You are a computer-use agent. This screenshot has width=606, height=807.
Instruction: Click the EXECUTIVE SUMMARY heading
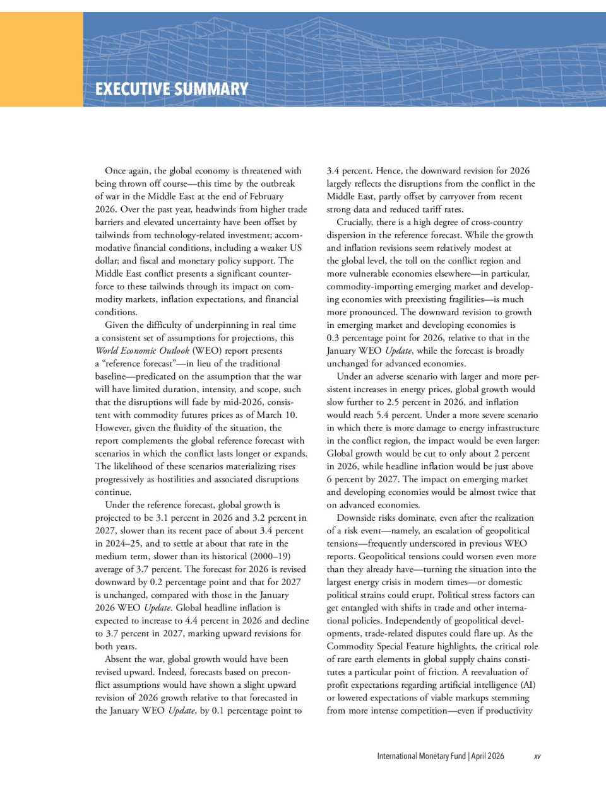pos(172,89)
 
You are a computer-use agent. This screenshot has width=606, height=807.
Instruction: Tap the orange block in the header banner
pos(41,59)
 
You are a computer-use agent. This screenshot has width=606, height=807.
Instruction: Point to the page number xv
pos(537,756)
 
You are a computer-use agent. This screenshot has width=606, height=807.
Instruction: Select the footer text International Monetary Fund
pos(421,756)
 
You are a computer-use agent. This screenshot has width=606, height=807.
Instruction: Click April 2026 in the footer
pos(487,756)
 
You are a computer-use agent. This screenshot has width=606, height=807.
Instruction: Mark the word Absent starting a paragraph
pos(119,659)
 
